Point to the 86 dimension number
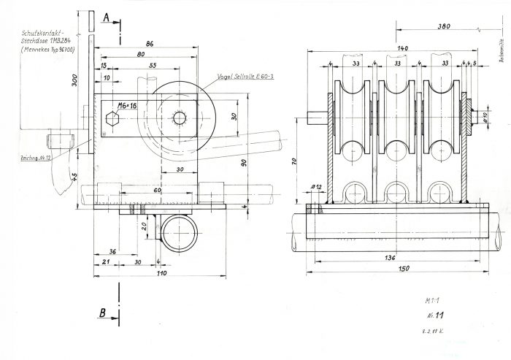coord(149,45)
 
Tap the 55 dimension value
coord(153,66)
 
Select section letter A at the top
coord(106,16)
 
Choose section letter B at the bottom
coord(103,314)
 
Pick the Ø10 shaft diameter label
coord(485,116)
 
